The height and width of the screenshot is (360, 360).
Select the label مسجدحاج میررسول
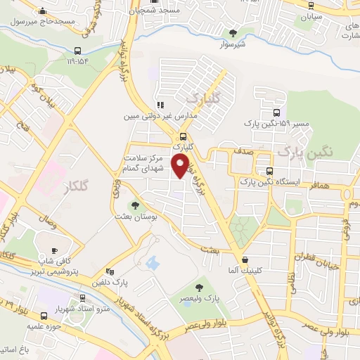point(42,21)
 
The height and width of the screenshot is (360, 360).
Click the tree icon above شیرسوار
point(233,32)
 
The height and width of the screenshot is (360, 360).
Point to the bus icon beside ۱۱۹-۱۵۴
point(77,51)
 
